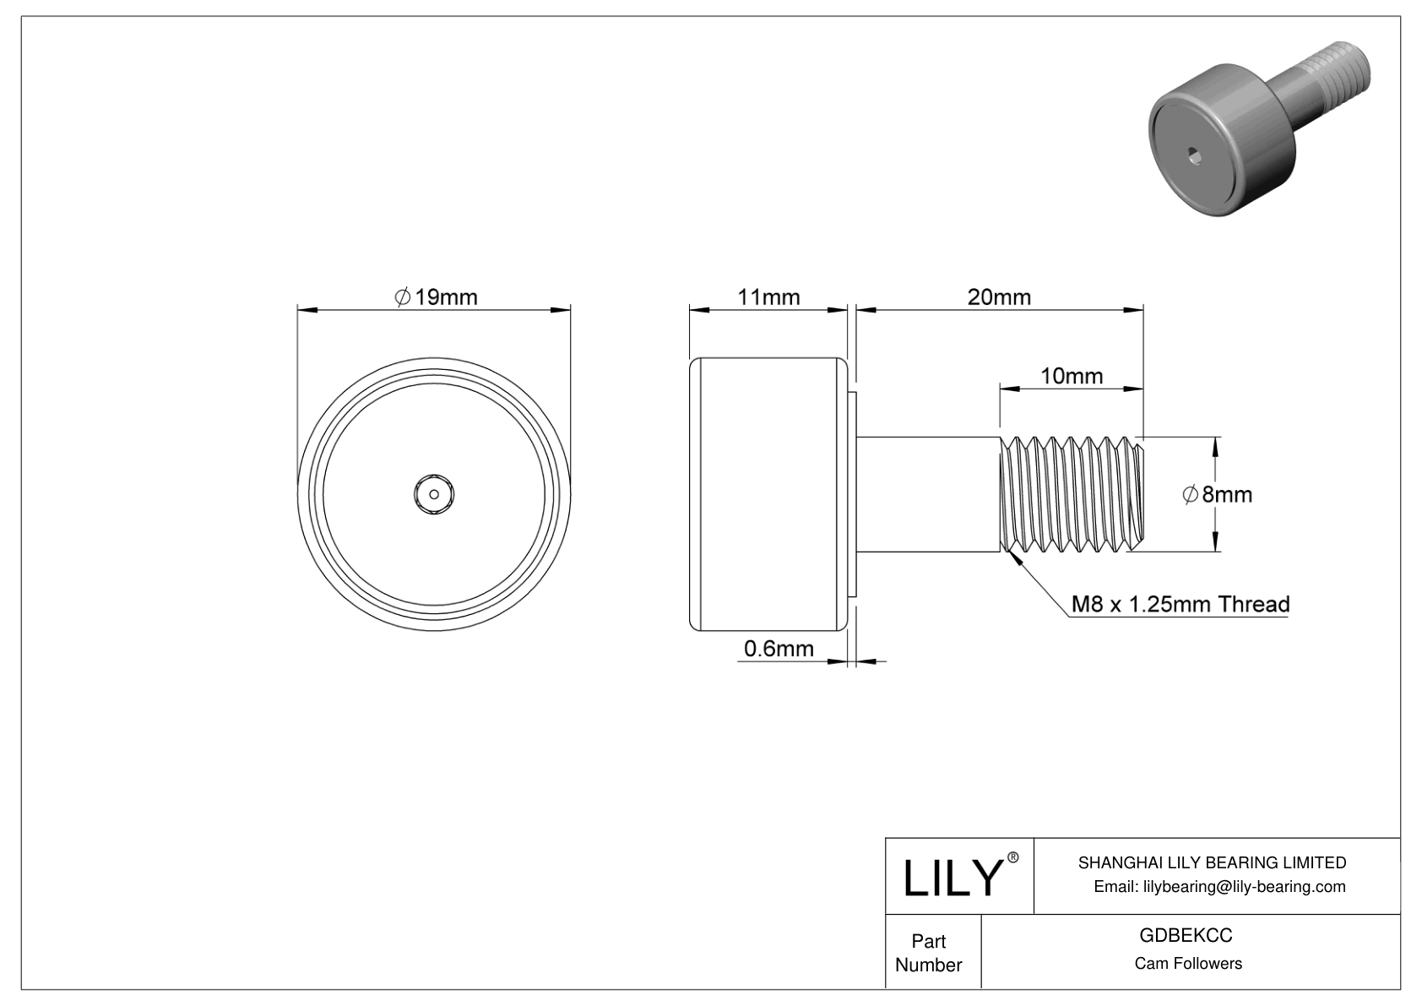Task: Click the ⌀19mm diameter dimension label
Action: (436, 297)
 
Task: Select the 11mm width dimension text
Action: (768, 297)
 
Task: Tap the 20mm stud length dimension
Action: (999, 297)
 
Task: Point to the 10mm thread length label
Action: (1071, 376)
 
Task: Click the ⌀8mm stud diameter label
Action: (1217, 494)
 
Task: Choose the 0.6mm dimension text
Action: (779, 648)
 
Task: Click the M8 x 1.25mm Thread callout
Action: (1180, 604)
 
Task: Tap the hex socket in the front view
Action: (434, 494)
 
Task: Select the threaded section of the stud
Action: (1071, 494)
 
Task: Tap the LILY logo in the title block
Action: (952, 878)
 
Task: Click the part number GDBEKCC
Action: (1186, 936)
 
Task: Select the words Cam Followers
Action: (1187, 964)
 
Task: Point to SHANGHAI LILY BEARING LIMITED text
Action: (1212, 862)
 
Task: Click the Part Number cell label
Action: (928, 953)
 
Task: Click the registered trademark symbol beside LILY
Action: (1013, 857)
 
